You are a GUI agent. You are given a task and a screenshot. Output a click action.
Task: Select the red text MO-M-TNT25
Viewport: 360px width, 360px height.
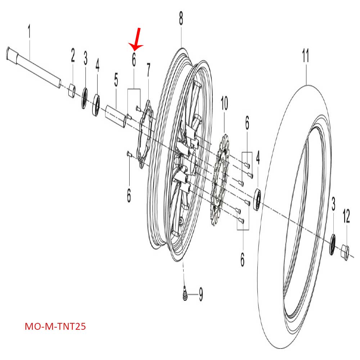[x=55, y=327]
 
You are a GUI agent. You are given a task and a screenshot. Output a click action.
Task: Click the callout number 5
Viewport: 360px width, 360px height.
[x=116, y=80]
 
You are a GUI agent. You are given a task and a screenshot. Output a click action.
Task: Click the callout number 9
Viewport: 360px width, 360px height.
[x=201, y=295]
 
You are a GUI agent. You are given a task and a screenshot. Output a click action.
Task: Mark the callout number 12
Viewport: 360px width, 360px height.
[x=346, y=217]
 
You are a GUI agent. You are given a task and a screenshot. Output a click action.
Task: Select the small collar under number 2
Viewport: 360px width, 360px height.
[x=72, y=90]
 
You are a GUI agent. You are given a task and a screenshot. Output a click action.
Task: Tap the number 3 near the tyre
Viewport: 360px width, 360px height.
[x=333, y=206]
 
